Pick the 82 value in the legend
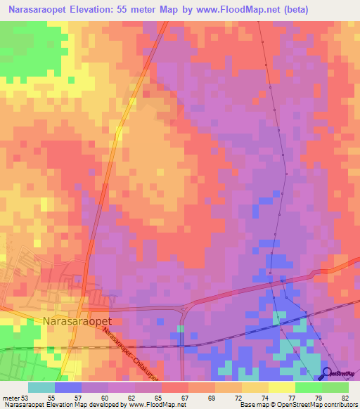pos(345,398)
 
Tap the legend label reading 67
pos(184,398)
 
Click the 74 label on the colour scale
pos(264,398)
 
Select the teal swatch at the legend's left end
pos(41,387)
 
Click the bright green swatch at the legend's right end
pos(335,387)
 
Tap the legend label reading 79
pos(318,398)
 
